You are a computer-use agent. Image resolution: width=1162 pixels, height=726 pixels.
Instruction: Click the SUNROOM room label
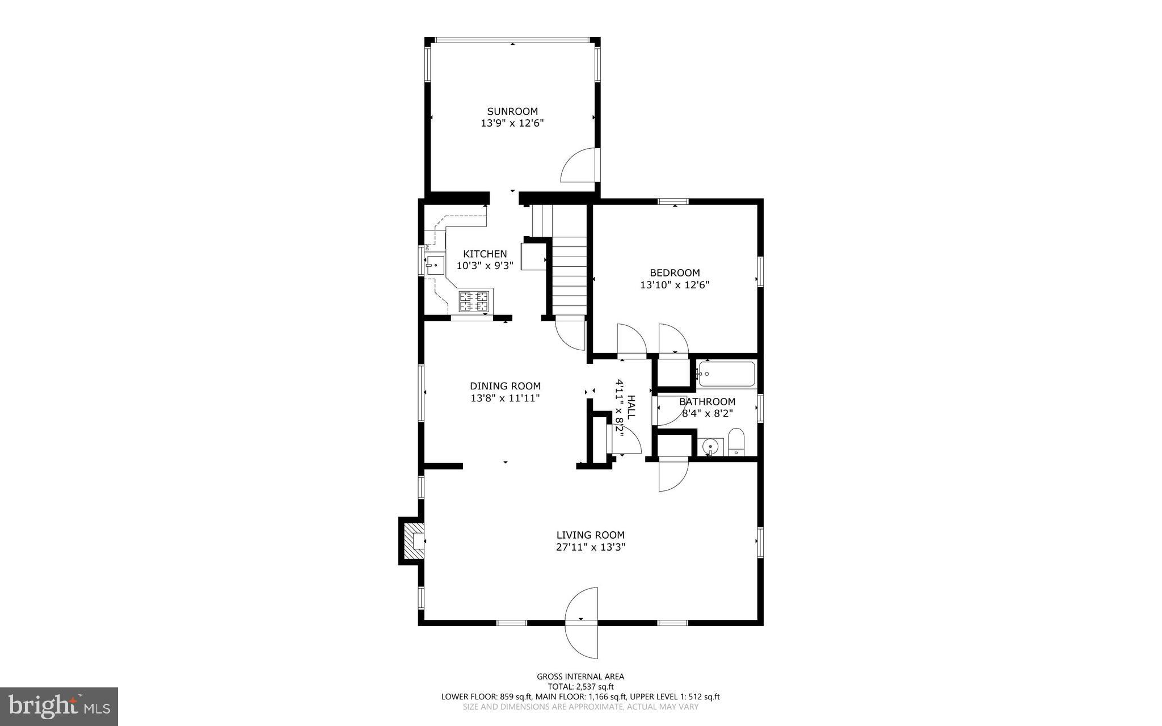[x=512, y=111]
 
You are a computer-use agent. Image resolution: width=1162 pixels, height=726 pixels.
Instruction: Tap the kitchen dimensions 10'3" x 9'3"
[x=485, y=265]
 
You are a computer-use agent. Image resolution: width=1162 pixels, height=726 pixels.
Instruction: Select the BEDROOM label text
[x=675, y=272]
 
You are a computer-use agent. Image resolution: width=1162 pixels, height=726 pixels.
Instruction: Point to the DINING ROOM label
[x=505, y=386]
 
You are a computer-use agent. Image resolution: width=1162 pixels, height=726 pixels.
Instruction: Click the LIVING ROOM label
[x=590, y=535]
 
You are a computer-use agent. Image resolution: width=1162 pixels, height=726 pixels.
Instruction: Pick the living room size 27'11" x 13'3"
[x=590, y=547]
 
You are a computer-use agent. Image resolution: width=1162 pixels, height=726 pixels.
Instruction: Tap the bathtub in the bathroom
[x=727, y=374]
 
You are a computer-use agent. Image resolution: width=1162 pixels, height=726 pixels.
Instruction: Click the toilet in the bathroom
[x=736, y=443]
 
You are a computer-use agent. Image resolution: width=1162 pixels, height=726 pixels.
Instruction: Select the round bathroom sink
[x=710, y=447]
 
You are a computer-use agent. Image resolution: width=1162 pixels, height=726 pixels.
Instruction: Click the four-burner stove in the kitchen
[x=474, y=301]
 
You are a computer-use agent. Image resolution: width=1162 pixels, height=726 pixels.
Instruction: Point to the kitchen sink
[x=435, y=264]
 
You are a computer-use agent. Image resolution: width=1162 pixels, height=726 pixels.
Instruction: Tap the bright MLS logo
[x=59, y=706]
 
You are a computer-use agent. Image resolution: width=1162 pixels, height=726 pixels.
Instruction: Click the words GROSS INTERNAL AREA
[x=580, y=676]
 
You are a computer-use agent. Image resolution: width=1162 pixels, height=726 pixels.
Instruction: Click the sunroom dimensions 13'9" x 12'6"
[x=512, y=123]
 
